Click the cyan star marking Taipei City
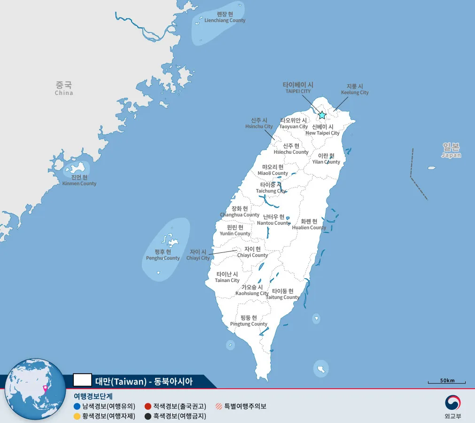[x=322, y=115]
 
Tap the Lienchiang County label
[x=225, y=17]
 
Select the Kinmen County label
[x=79, y=180]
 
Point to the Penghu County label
[x=163, y=255]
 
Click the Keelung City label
[x=355, y=89]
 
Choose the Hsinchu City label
[x=259, y=123]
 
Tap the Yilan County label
[x=326, y=159]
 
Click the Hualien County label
[x=309, y=224]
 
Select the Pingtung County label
[x=249, y=321]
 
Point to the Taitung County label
[x=282, y=294]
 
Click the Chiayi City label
[x=198, y=255]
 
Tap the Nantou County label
[x=274, y=219]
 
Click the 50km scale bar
[x=447, y=382]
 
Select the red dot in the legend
[x=148, y=407]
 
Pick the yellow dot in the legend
[x=77, y=416]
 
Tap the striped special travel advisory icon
[x=219, y=407]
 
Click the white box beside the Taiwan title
[x=83, y=380]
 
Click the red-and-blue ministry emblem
[x=453, y=403]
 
